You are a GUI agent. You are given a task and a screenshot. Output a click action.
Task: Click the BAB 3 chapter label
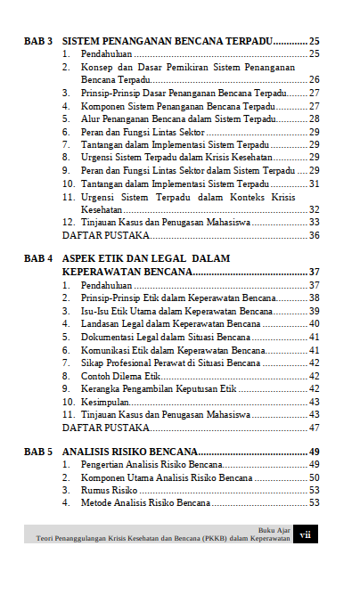(x=38, y=42)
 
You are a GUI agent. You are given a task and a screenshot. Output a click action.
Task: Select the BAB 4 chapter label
(x=38, y=258)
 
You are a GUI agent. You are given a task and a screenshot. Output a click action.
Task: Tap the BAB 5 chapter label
(x=38, y=452)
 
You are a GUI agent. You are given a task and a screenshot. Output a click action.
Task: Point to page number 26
(x=314, y=80)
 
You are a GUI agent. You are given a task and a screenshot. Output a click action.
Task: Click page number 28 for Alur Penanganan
(x=314, y=118)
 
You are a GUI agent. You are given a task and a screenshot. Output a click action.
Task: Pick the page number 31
(x=314, y=183)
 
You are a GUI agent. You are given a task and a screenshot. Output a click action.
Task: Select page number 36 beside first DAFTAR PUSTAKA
(x=314, y=235)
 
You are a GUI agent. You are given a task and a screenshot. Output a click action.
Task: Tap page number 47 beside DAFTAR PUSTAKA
(x=314, y=428)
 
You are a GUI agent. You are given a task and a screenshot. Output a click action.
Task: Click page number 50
(x=314, y=478)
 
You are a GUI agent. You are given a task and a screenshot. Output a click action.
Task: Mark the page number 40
(x=314, y=324)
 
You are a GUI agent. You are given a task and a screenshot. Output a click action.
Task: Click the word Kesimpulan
(x=105, y=402)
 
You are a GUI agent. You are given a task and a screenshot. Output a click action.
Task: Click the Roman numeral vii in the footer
(x=306, y=535)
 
